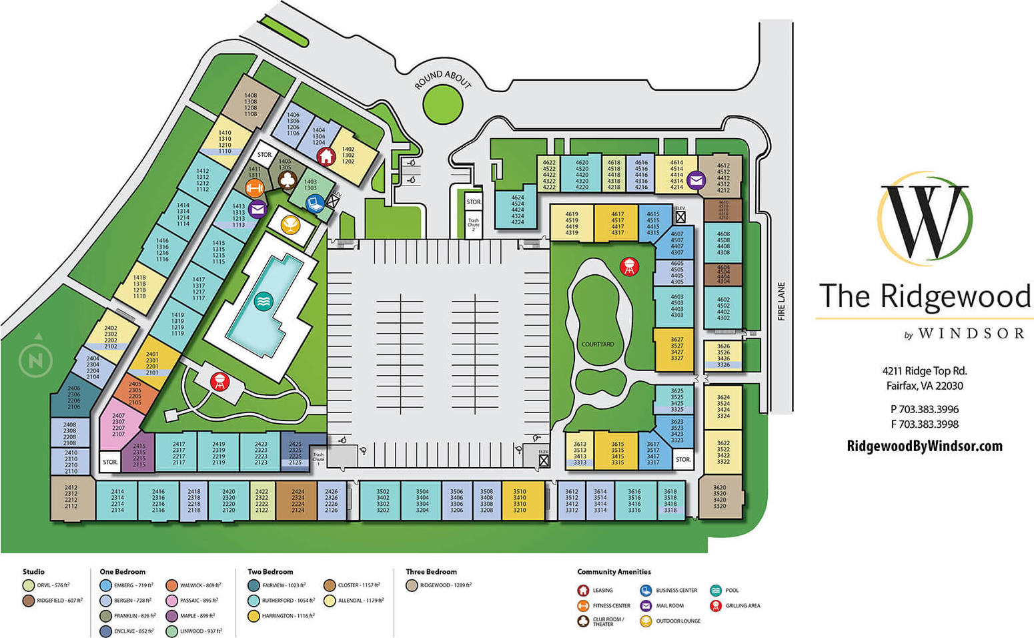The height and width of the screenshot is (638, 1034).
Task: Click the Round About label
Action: coord(442,79)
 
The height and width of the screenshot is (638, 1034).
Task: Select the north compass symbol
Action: coord(35,360)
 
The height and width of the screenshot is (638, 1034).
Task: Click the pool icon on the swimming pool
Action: coord(264,302)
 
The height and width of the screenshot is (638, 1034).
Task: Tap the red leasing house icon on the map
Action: coord(326,156)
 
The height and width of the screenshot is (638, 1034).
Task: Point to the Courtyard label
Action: coord(597,344)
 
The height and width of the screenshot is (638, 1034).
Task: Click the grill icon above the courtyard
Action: coord(628,266)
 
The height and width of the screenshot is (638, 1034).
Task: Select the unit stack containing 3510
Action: coord(520,501)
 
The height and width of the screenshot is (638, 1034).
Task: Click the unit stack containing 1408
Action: coord(250,105)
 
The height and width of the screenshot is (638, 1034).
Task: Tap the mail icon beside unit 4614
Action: coord(696,180)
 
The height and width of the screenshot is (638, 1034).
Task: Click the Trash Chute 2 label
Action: coord(473,224)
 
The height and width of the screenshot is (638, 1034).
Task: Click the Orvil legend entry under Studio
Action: coord(47,585)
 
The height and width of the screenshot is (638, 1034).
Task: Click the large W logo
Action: coord(925,220)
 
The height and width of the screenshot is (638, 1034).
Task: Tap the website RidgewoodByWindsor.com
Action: coord(924,446)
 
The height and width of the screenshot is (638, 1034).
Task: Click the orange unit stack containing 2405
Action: coord(135,393)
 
